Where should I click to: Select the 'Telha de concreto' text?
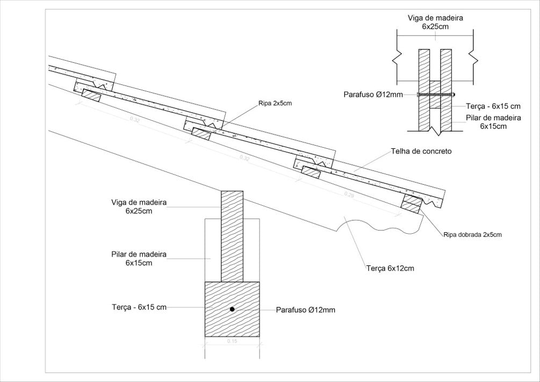421,152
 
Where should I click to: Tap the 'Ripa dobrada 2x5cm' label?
472,235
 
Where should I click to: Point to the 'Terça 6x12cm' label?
391,268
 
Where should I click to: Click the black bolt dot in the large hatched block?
232,309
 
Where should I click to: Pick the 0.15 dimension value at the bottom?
232,341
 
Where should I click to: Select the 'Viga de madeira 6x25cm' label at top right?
435,21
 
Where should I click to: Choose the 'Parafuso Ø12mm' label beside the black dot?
306,310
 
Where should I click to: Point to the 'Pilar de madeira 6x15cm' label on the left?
139,258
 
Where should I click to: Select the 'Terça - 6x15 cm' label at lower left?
139,307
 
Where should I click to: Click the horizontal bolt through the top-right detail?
435,95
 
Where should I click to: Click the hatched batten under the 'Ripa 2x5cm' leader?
201,133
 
